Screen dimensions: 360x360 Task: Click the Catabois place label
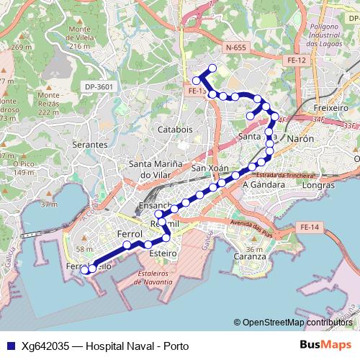click(x=175, y=130)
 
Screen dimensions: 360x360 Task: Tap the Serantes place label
click(x=90, y=145)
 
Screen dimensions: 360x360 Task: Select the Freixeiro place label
click(x=331, y=108)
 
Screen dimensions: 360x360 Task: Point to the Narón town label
click(x=300, y=137)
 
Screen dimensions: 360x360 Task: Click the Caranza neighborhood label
click(x=250, y=256)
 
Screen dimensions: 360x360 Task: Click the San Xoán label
click(x=210, y=168)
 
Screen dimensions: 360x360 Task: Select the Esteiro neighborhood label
click(x=163, y=253)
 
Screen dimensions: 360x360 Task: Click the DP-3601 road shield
click(x=99, y=87)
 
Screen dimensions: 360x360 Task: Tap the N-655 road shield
click(x=235, y=48)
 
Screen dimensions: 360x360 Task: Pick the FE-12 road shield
click(x=296, y=60)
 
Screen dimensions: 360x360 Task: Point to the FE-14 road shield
click(x=309, y=228)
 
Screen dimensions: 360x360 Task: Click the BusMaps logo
click(x=325, y=346)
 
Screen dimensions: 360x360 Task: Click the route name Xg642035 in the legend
click(x=45, y=346)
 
